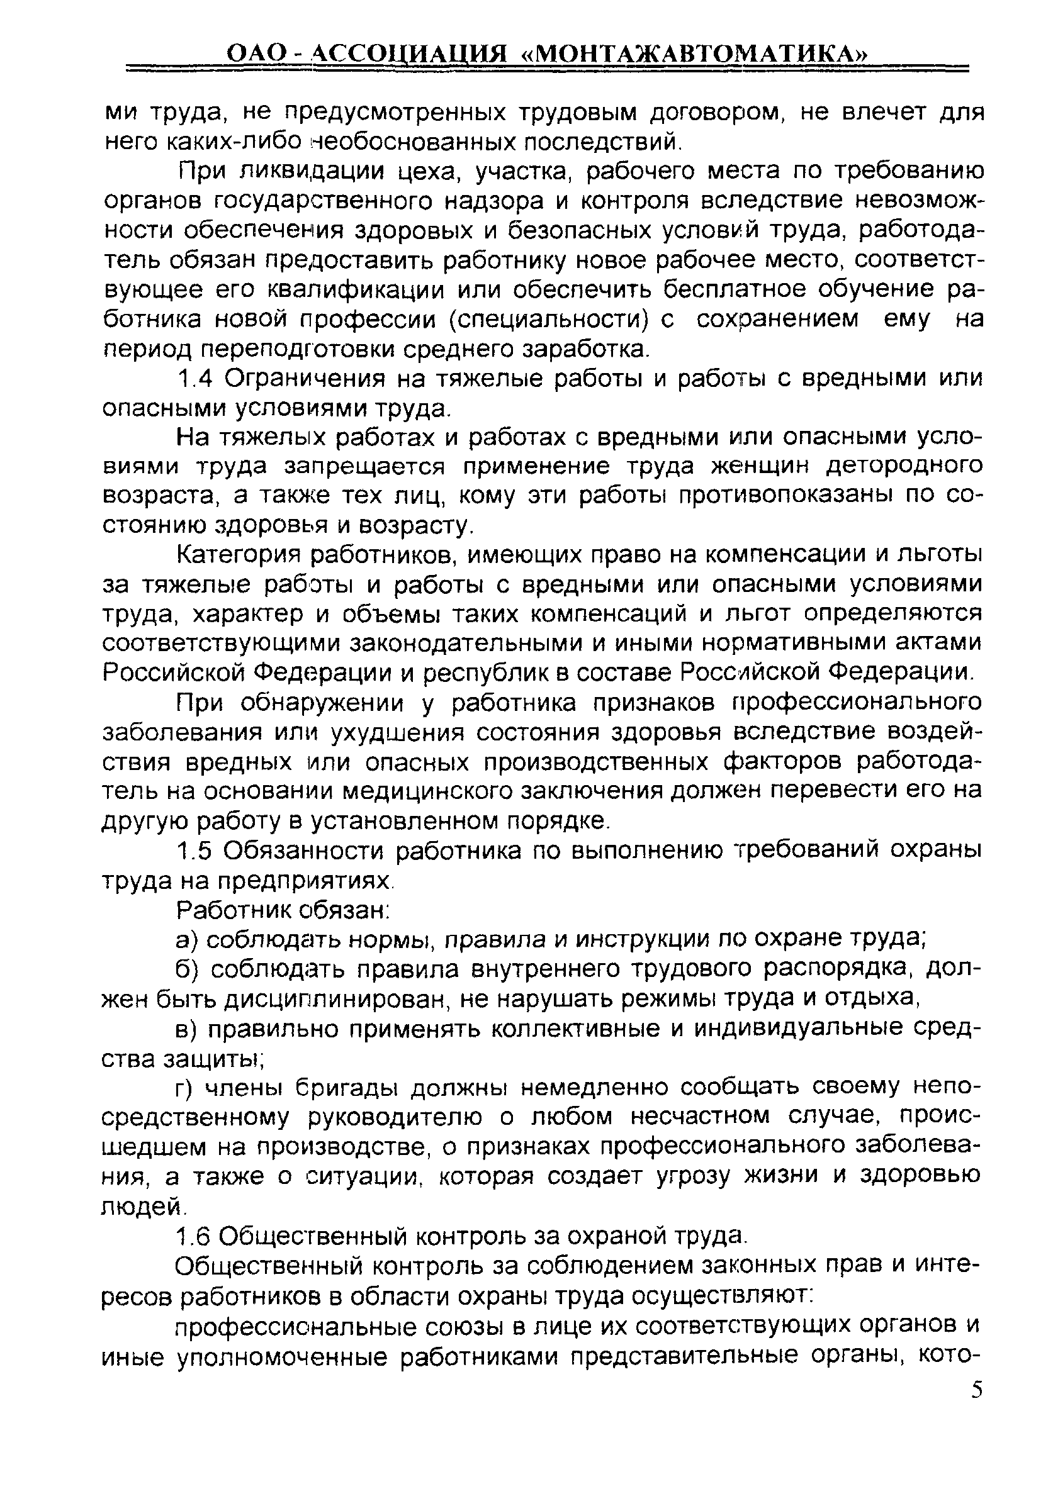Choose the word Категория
(238, 555)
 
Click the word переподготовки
(297, 350)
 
